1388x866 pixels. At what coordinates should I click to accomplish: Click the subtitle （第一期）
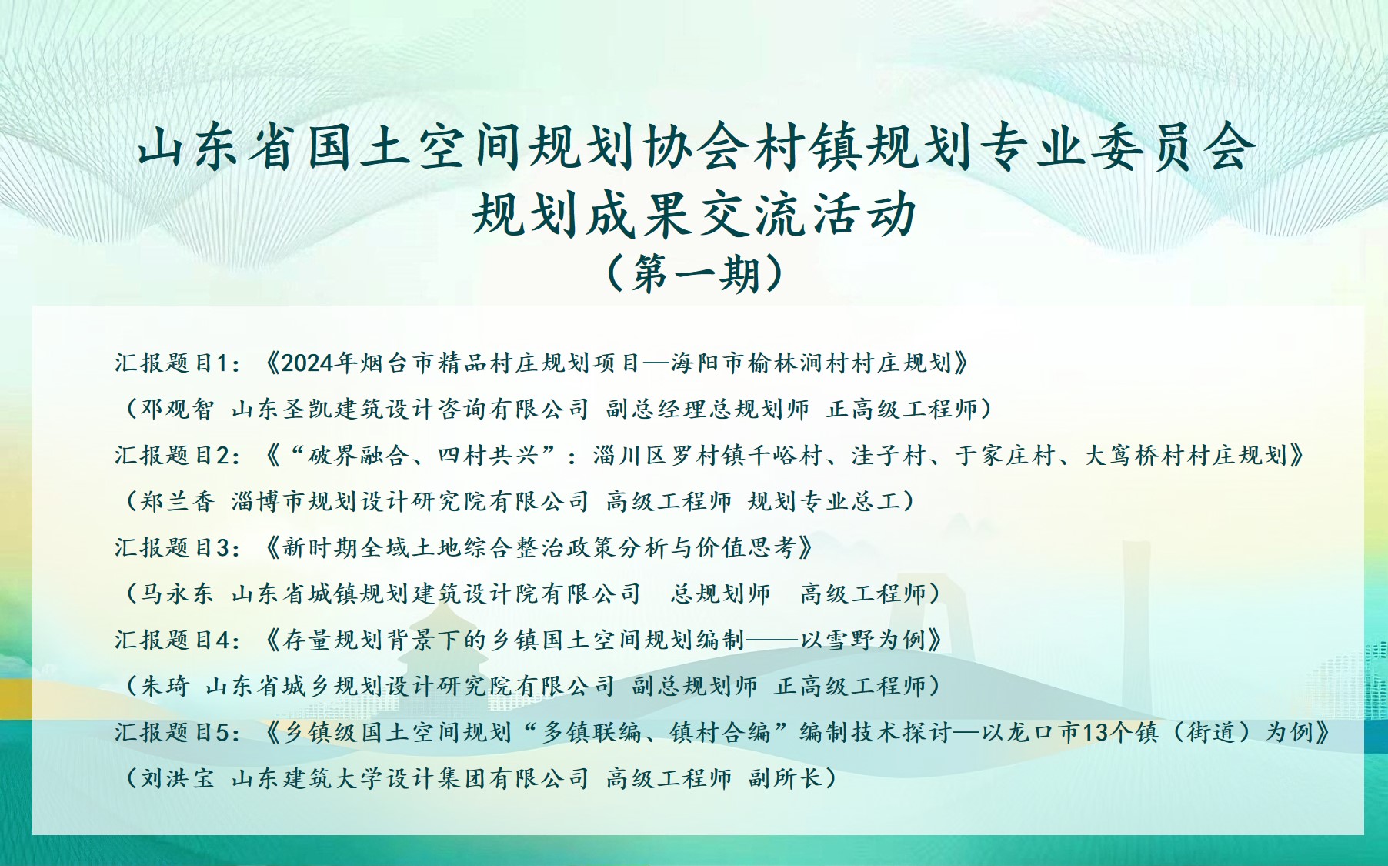pyautogui.click(x=695, y=274)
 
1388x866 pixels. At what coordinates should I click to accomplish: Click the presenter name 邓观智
pyautogui.click(x=177, y=409)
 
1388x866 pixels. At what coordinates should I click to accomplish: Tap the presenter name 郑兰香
pyautogui.click(x=177, y=502)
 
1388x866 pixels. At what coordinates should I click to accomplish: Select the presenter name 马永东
pyautogui.click(x=177, y=594)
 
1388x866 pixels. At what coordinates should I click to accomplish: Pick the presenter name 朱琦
pyautogui.click(x=165, y=686)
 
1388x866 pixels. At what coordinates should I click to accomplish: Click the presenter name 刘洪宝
pyautogui.click(x=177, y=778)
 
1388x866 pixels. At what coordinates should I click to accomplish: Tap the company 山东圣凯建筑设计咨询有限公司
pyautogui.click(x=410, y=409)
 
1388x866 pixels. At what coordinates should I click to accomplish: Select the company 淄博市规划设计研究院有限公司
pyautogui.click(x=410, y=502)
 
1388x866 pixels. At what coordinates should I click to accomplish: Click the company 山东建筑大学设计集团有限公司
pyautogui.click(x=410, y=778)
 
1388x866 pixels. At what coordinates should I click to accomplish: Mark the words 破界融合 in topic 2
pyautogui.click(x=358, y=456)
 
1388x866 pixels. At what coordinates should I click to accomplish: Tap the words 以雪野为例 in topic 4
pyautogui.click(x=862, y=640)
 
